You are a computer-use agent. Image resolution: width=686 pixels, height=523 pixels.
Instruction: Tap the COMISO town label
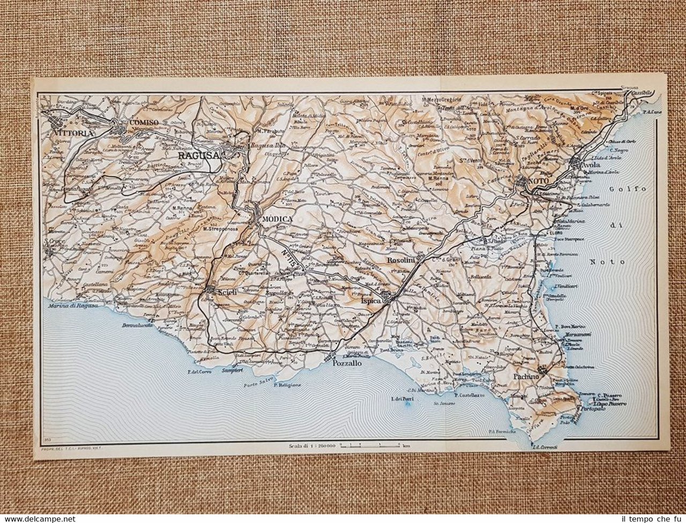(144, 122)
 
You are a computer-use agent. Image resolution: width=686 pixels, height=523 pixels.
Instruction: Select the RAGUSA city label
(199, 155)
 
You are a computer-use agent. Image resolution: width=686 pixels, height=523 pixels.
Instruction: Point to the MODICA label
(277, 219)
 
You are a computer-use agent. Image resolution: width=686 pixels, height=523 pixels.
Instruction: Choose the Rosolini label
(401, 260)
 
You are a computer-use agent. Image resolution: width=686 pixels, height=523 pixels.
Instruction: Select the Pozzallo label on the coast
(347, 363)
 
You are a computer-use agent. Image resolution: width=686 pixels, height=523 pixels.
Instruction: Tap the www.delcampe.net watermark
(38, 519)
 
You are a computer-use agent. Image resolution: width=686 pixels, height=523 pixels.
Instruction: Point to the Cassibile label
(642, 92)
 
